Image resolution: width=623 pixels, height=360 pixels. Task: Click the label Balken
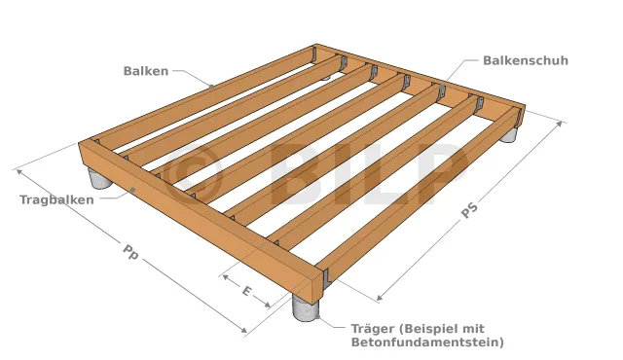click(x=146, y=71)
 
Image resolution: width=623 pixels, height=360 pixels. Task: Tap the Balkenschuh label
click(x=526, y=60)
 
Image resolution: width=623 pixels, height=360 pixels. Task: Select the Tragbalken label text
click(x=56, y=199)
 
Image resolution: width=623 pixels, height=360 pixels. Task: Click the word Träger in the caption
click(x=373, y=329)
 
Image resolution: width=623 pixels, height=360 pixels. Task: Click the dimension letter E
click(x=246, y=291)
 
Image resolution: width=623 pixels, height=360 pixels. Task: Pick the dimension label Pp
click(x=129, y=252)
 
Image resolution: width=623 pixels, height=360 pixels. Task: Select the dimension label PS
click(x=470, y=210)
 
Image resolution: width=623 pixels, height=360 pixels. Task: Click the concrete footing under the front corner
click(x=306, y=307)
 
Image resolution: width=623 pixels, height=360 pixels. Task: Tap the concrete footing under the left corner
click(x=100, y=179)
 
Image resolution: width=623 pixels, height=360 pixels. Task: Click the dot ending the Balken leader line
click(x=212, y=87)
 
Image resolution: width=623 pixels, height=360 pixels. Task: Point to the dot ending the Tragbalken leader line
click(x=133, y=190)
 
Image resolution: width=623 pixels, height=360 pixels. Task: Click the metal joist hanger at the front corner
click(x=327, y=277)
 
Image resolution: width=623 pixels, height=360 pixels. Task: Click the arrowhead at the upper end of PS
click(x=560, y=124)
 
